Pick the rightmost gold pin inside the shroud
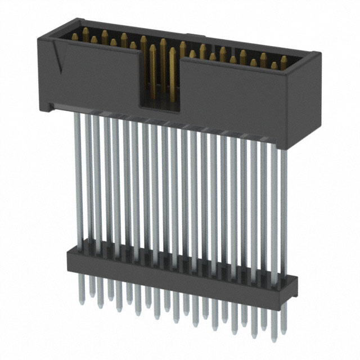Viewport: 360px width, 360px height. point(284,61)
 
